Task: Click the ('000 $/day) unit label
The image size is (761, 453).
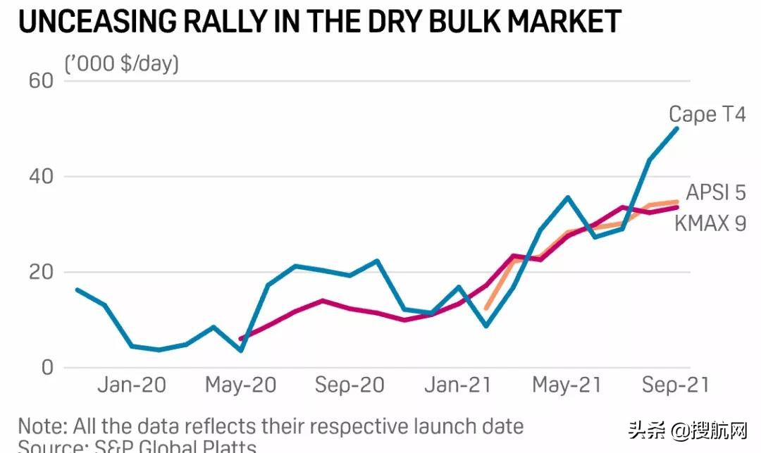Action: tap(122, 64)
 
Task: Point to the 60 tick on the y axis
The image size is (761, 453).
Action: tap(41, 81)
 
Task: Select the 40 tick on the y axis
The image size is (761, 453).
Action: tap(41, 177)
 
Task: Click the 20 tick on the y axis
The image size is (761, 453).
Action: tap(41, 272)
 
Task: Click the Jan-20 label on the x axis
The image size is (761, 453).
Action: tap(131, 385)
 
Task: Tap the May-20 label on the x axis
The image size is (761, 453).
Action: tap(240, 385)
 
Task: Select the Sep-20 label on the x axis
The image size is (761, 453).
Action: tap(349, 385)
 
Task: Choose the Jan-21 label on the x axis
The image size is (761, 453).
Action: tap(458, 385)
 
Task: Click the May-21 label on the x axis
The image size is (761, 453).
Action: tap(567, 385)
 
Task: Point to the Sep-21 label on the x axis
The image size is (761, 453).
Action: tap(675, 385)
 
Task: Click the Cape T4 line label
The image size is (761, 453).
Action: tap(706, 114)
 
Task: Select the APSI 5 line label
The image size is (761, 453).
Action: tap(715, 192)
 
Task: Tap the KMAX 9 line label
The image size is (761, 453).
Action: tap(710, 223)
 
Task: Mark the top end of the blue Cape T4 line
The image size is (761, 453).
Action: tap(677, 128)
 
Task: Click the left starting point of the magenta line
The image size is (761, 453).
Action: tap(241, 339)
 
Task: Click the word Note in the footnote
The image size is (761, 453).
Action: tap(43, 426)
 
